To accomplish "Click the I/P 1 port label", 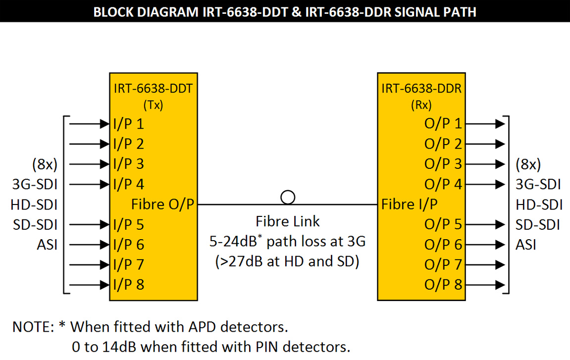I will coord(128,123).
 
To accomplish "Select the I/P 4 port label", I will coord(128,184).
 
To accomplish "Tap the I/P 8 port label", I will coord(128,285).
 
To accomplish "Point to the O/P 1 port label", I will coord(443,123).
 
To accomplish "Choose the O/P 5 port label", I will coord(443,224).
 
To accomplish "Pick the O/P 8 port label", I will coord(443,285).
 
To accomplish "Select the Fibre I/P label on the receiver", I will coord(409,204).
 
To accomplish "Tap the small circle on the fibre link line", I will coord(288,198).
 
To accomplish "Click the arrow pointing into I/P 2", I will coord(89,144).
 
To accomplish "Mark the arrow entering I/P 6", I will coord(89,244).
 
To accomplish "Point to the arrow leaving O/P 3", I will coord(485,164).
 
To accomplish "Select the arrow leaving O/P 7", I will coord(485,264).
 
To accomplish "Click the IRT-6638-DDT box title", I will coord(153,89).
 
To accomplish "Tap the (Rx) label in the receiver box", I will coord(421,105).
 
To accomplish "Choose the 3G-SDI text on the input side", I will coord(35,185).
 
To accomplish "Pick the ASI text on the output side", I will coord(526,245).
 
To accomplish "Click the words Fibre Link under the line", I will coord(287,221).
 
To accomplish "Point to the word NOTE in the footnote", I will coord(32,327).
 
